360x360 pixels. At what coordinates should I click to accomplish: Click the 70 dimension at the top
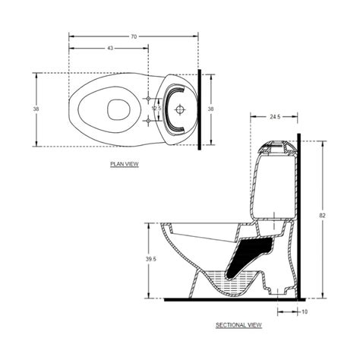pos(134,36)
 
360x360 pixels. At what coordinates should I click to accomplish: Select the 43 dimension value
pos(109,49)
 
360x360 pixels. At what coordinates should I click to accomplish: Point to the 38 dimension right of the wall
pos(211,109)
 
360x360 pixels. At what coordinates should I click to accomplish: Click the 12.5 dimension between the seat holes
pos(156,109)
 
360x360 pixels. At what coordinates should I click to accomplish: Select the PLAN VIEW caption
pos(123,163)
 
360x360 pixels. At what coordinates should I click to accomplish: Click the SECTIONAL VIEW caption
pos(238,324)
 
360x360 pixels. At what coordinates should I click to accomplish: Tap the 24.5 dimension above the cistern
pos(275,117)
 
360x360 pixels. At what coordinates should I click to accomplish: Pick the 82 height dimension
pos(323,216)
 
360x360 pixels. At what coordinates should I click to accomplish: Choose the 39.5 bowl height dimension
pos(151,259)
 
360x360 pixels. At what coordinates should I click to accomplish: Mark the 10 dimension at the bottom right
pos(304,311)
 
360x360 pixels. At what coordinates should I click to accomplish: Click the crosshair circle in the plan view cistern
pos(180,109)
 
